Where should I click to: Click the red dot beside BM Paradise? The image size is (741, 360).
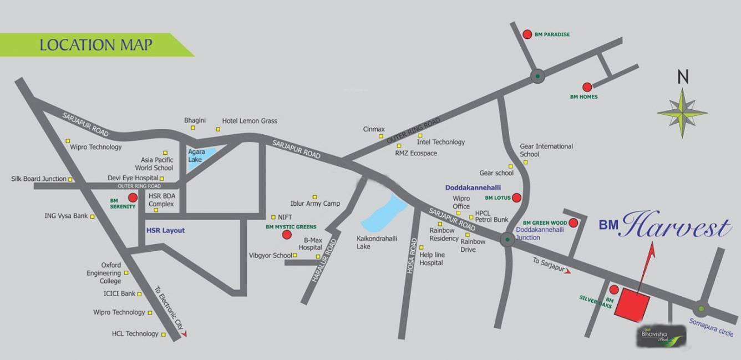[x=527, y=34]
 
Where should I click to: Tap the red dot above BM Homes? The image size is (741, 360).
[x=587, y=87]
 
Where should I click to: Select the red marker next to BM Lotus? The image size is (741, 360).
[x=516, y=197]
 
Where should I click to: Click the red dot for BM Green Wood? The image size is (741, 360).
[x=573, y=223]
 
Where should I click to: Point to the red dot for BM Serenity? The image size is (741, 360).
[x=133, y=197]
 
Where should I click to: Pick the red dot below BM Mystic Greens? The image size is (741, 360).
[x=287, y=235]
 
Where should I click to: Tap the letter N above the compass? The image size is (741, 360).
[x=683, y=77]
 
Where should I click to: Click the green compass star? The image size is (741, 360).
[x=682, y=113]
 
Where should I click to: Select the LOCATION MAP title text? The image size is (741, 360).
[x=96, y=45]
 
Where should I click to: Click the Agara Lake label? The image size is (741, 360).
[x=196, y=155]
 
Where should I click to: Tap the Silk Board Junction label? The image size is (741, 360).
[x=39, y=179]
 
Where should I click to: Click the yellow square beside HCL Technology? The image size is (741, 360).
[x=164, y=334]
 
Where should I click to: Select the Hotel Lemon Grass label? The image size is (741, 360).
[x=250, y=121]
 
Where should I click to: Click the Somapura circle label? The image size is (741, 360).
[x=711, y=327]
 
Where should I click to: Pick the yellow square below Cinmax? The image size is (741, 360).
[x=381, y=136]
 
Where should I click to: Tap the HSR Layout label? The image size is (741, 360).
[x=165, y=231]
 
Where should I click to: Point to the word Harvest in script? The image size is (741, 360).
[x=677, y=226]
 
